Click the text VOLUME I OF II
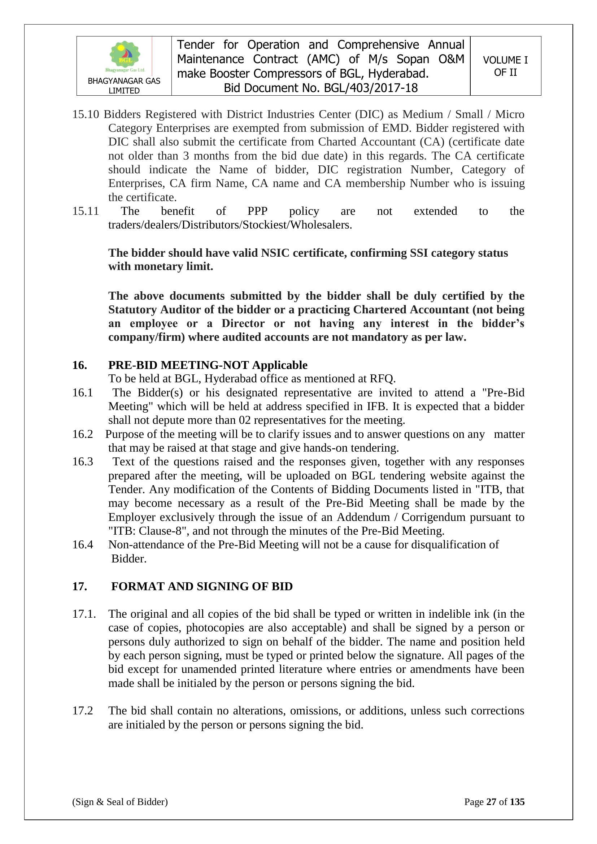tap(505, 66)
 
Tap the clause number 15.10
tap(85, 114)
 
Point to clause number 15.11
tap(85, 211)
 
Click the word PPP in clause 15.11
tap(257, 211)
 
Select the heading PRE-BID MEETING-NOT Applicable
tap(208, 365)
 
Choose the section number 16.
tap(79, 365)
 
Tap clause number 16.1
tap(82, 393)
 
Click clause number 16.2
tap(82, 434)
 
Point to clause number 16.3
tap(82, 462)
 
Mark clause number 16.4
tap(82, 544)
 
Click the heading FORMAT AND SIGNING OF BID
tap(202, 586)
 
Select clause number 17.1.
tap(84, 614)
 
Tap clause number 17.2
tap(82, 710)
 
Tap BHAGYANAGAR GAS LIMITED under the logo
tap(124, 86)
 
